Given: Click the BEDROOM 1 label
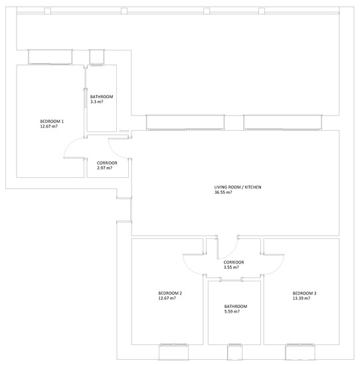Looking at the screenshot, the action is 52,121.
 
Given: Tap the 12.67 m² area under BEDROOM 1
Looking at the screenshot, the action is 48,126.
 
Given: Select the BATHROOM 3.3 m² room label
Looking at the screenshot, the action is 102,99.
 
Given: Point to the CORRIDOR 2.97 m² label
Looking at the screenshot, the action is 107,165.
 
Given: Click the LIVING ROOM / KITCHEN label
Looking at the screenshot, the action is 238,187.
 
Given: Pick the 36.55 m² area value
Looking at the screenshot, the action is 223,192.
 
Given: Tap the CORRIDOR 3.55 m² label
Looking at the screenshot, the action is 234,265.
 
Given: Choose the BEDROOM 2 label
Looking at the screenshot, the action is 170,293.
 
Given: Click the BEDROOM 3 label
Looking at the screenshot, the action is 304,293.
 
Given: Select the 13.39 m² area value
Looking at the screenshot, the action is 302,298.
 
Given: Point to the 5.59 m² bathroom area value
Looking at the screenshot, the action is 232,311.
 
